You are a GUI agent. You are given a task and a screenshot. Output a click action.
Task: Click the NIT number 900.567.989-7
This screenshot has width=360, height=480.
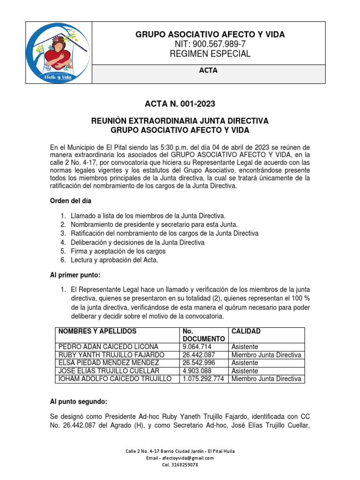[210, 44]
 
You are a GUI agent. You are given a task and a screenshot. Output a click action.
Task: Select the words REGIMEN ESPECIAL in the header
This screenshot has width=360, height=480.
[210, 54]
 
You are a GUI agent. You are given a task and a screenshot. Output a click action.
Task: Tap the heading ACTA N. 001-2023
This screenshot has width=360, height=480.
[180, 104]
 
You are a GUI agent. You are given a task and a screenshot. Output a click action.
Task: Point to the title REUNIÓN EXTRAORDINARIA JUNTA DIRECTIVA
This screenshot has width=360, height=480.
[180, 121]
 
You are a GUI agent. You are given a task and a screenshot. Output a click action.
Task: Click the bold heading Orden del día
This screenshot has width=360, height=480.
[71, 201]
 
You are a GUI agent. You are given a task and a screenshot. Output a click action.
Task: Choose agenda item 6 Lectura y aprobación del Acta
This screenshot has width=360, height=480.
[114, 260]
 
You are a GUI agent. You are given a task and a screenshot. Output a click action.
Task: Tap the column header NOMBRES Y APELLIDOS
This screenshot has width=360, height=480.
[97, 331]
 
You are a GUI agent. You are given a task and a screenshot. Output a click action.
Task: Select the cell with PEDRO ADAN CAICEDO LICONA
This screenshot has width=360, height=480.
[109, 347]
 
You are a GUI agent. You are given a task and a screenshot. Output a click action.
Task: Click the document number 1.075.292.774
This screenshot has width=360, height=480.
[204, 379]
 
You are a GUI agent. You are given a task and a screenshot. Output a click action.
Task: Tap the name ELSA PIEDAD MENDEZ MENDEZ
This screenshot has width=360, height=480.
[108, 363]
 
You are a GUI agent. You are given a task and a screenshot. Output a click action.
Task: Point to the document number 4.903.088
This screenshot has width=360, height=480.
[197, 371]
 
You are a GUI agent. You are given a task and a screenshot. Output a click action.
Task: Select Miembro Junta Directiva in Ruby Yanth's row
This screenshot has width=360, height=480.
[266, 355]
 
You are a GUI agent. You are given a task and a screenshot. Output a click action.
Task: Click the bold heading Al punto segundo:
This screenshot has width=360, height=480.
[79, 402]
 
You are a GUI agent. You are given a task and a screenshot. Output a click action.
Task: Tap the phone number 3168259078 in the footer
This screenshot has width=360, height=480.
[180, 465]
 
